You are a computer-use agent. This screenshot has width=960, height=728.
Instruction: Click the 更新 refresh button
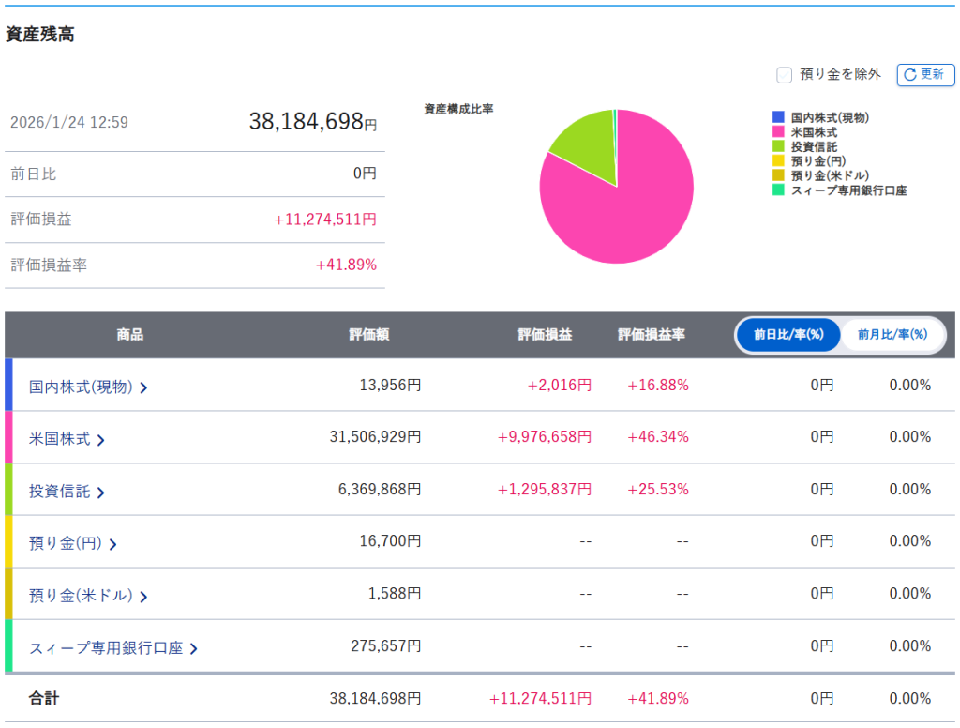[x=925, y=75]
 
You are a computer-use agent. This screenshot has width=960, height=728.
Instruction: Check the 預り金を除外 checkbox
[x=784, y=75]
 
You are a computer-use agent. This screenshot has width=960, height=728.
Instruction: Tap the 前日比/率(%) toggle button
[x=788, y=334]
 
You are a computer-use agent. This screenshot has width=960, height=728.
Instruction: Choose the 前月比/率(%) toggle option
[x=892, y=334]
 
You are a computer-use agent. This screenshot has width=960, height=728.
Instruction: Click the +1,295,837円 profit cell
[x=545, y=490]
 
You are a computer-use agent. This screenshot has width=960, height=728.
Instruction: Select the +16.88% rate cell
[x=658, y=385]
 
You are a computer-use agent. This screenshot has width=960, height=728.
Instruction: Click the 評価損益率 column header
[x=651, y=334]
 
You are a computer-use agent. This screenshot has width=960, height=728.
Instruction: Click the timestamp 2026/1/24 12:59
[x=69, y=122]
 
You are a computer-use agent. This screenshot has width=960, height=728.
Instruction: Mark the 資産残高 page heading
[x=40, y=35]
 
